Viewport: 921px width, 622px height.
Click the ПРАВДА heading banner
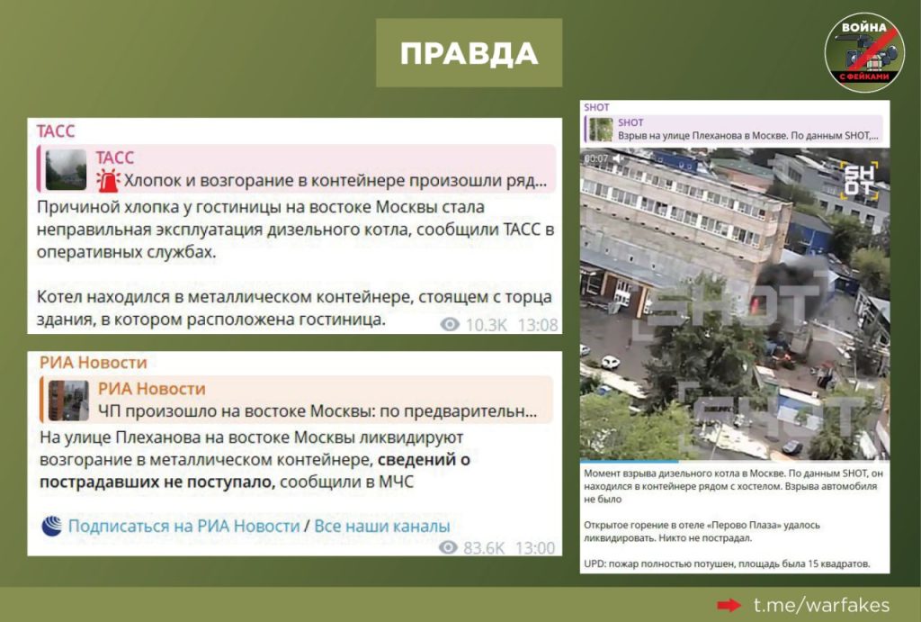(469, 53)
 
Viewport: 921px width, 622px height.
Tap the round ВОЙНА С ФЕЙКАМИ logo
(864, 51)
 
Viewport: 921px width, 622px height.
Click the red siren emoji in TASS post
(108, 180)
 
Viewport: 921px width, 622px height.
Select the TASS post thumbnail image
(66, 169)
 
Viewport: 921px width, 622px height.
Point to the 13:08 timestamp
(538, 325)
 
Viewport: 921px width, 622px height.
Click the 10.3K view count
(486, 325)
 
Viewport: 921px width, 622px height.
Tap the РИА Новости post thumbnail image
(68, 400)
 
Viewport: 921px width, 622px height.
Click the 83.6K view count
(483, 548)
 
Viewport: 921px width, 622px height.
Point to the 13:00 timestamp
(535, 548)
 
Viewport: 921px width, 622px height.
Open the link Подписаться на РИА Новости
(183, 526)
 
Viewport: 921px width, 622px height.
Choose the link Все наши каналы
(381, 526)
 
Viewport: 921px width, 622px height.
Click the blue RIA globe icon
(51, 526)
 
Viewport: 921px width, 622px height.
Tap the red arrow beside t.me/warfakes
(729, 605)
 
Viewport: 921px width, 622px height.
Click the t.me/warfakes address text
(821, 605)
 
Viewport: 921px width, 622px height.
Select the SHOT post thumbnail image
(601, 130)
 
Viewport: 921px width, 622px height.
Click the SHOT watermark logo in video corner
(860, 180)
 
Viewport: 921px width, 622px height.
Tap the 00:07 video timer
(596, 158)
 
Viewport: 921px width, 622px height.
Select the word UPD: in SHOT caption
(595, 563)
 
